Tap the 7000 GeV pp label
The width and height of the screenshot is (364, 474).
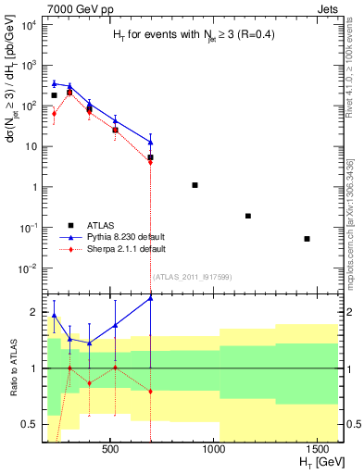pos(70,8)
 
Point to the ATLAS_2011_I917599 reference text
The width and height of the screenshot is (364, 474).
pos(192,276)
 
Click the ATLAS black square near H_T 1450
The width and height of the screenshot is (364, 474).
pos(308,239)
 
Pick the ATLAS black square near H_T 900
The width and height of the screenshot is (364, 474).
pos(195,185)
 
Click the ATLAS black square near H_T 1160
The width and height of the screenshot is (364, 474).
pos(248,216)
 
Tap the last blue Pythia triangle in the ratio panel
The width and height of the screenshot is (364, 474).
pos(150,298)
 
